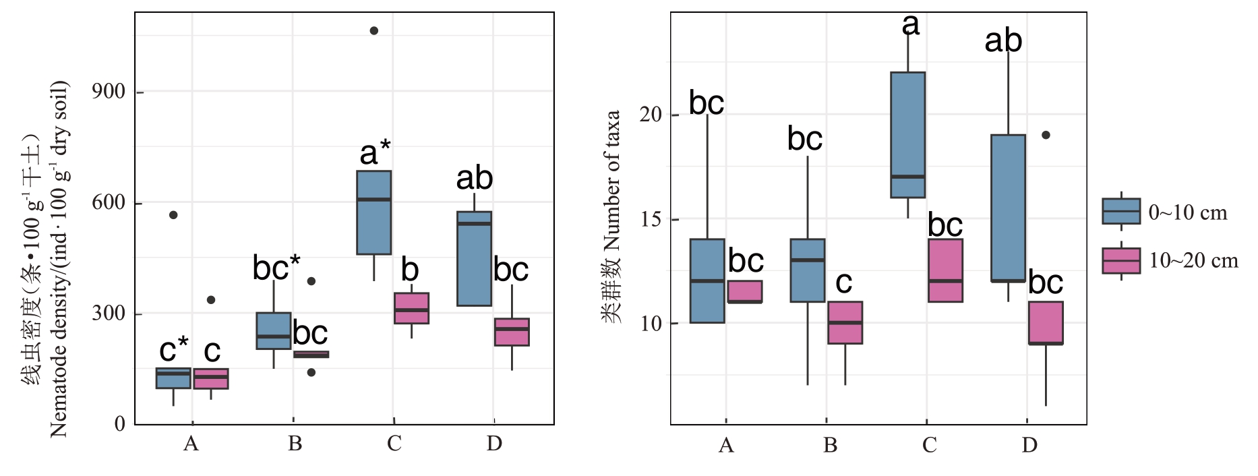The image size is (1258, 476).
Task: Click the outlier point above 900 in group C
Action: pyautogui.click(x=374, y=31)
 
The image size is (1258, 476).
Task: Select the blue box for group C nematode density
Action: pyautogui.click(x=373, y=212)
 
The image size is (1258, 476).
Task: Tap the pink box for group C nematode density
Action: pyautogui.click(x=411, y=308)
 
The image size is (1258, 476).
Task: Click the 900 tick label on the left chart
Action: pyautogui.click(x=109, y=92)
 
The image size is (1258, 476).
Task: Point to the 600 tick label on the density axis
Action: pyautogui.click(x=109, y=202)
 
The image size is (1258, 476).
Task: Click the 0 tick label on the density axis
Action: pyautogui.click(x=120, y=424)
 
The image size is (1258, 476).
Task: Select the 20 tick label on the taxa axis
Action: pyautogui.click(x=651, y=115)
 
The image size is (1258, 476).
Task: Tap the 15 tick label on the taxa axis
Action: pyautogui.click(x=651, y=219)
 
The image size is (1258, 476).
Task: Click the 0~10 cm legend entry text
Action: pyautogui.click(x=1188, y=213)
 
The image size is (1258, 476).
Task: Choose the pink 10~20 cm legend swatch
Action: pyautogui.click(x=1121, y=260)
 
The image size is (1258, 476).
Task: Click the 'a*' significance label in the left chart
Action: pyautogui.click(x=375, y=153)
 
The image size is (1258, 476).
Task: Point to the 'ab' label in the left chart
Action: pyautogui.click(x=474, y=179)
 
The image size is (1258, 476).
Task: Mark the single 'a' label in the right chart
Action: pyautogui.click(x=910, y=25)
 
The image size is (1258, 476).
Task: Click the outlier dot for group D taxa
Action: pyautogui.click(x=1046, y=135)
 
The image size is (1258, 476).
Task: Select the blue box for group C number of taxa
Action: pyautogui.click(x=907, y=135)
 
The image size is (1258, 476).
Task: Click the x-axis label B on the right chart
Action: pyautogui.click(x=830, y=446)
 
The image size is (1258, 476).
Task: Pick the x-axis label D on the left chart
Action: pyautogui.click(x=494, y=444)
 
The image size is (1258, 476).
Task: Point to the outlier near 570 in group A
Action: pyautogui.click(x=173, y=215)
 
